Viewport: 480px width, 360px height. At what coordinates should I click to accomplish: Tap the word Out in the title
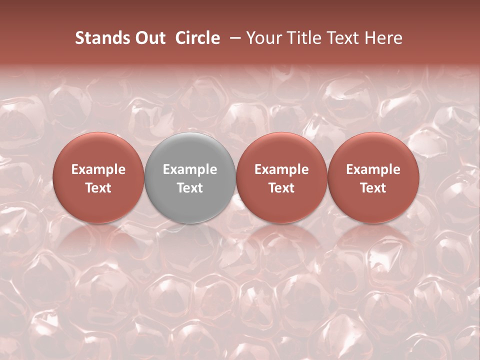pyautogui.click(x=149, y=38)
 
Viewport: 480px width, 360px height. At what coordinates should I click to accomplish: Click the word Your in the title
pyautogui.click(x=264, y=38)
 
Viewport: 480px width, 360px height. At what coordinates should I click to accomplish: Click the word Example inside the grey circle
pyautogui.click(x=190, y=169)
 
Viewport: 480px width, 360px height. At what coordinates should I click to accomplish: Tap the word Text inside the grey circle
pyautogui.click(x=190, y=188)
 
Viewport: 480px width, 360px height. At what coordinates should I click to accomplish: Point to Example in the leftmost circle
pyautogui.click(x=98, y=169)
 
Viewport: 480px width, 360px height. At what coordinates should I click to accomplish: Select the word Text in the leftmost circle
pyautogui.click(x=98, y=188)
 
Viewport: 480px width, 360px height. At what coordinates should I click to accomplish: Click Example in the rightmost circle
pyautogui.click(x=373, y=169)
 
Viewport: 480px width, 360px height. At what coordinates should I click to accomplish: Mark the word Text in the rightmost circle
pyautogui.click(x=373, y=188)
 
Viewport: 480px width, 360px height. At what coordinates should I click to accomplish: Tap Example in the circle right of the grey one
pyautogui.click(x=281, y=169)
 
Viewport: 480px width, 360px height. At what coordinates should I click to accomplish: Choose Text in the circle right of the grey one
pyautogui.click(x=281, y=188)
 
